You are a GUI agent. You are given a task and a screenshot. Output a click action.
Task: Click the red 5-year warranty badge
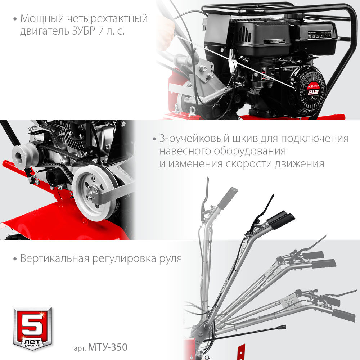(32, 328)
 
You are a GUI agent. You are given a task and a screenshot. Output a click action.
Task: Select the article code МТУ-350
(107, 348)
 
